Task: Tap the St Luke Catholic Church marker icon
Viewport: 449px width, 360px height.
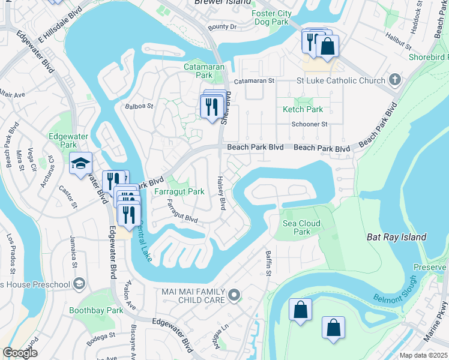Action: [395, 80]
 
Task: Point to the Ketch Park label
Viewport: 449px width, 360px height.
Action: [303, 109]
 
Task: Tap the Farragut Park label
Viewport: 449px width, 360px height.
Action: [179, 191]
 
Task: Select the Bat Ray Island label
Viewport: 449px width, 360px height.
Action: [396, 237]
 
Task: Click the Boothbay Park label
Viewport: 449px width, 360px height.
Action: [96, 310]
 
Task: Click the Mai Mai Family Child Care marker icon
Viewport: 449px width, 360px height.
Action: [234, 295]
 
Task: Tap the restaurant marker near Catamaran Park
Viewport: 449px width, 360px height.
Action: [211, 107]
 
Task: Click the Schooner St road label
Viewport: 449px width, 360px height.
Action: [309, 124]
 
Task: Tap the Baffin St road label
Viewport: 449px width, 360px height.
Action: [268, 262]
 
